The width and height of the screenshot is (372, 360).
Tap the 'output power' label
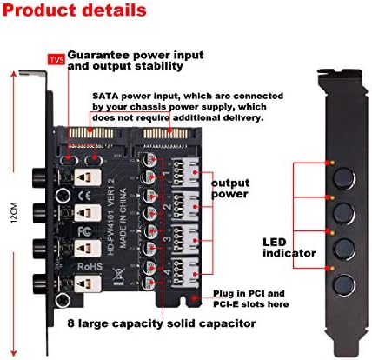coord(237,190)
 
